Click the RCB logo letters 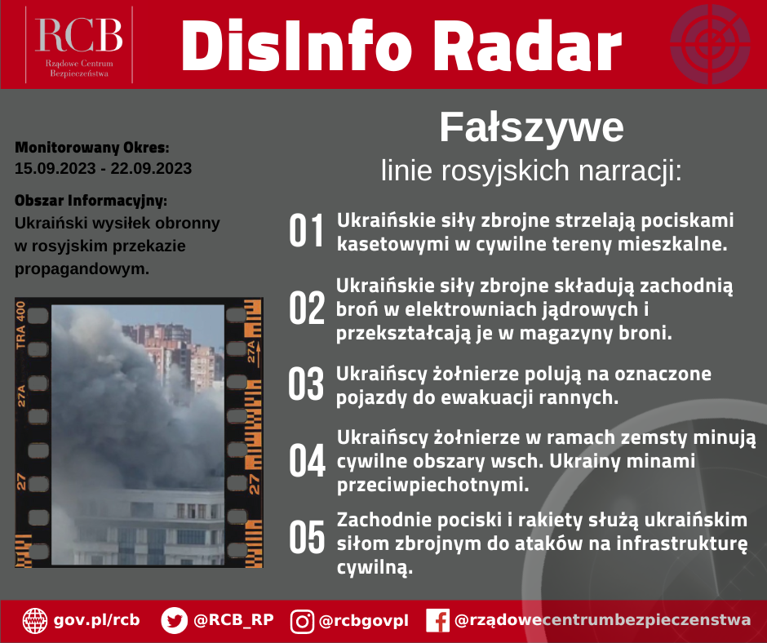[x=79, y=35]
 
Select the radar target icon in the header [x=710, y=44]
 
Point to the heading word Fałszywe [x=531, y=127]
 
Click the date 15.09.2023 [x=55, y=168]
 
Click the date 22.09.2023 [x=151, y=168]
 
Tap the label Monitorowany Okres [x=92, y=148]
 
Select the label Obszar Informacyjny [x=91, y=201]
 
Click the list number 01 [x=306, y=230]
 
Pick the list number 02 [x=306, y=308]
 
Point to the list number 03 [x=306, y=384]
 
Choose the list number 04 [x=307, y=460]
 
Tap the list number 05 [x=307, y=537]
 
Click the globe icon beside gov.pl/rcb [x=35, y=620]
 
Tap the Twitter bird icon [x=174, y=620]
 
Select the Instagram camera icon [x=302, y=621]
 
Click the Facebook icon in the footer [x=438, y=620]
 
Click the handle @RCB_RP [x=233, y=620]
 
